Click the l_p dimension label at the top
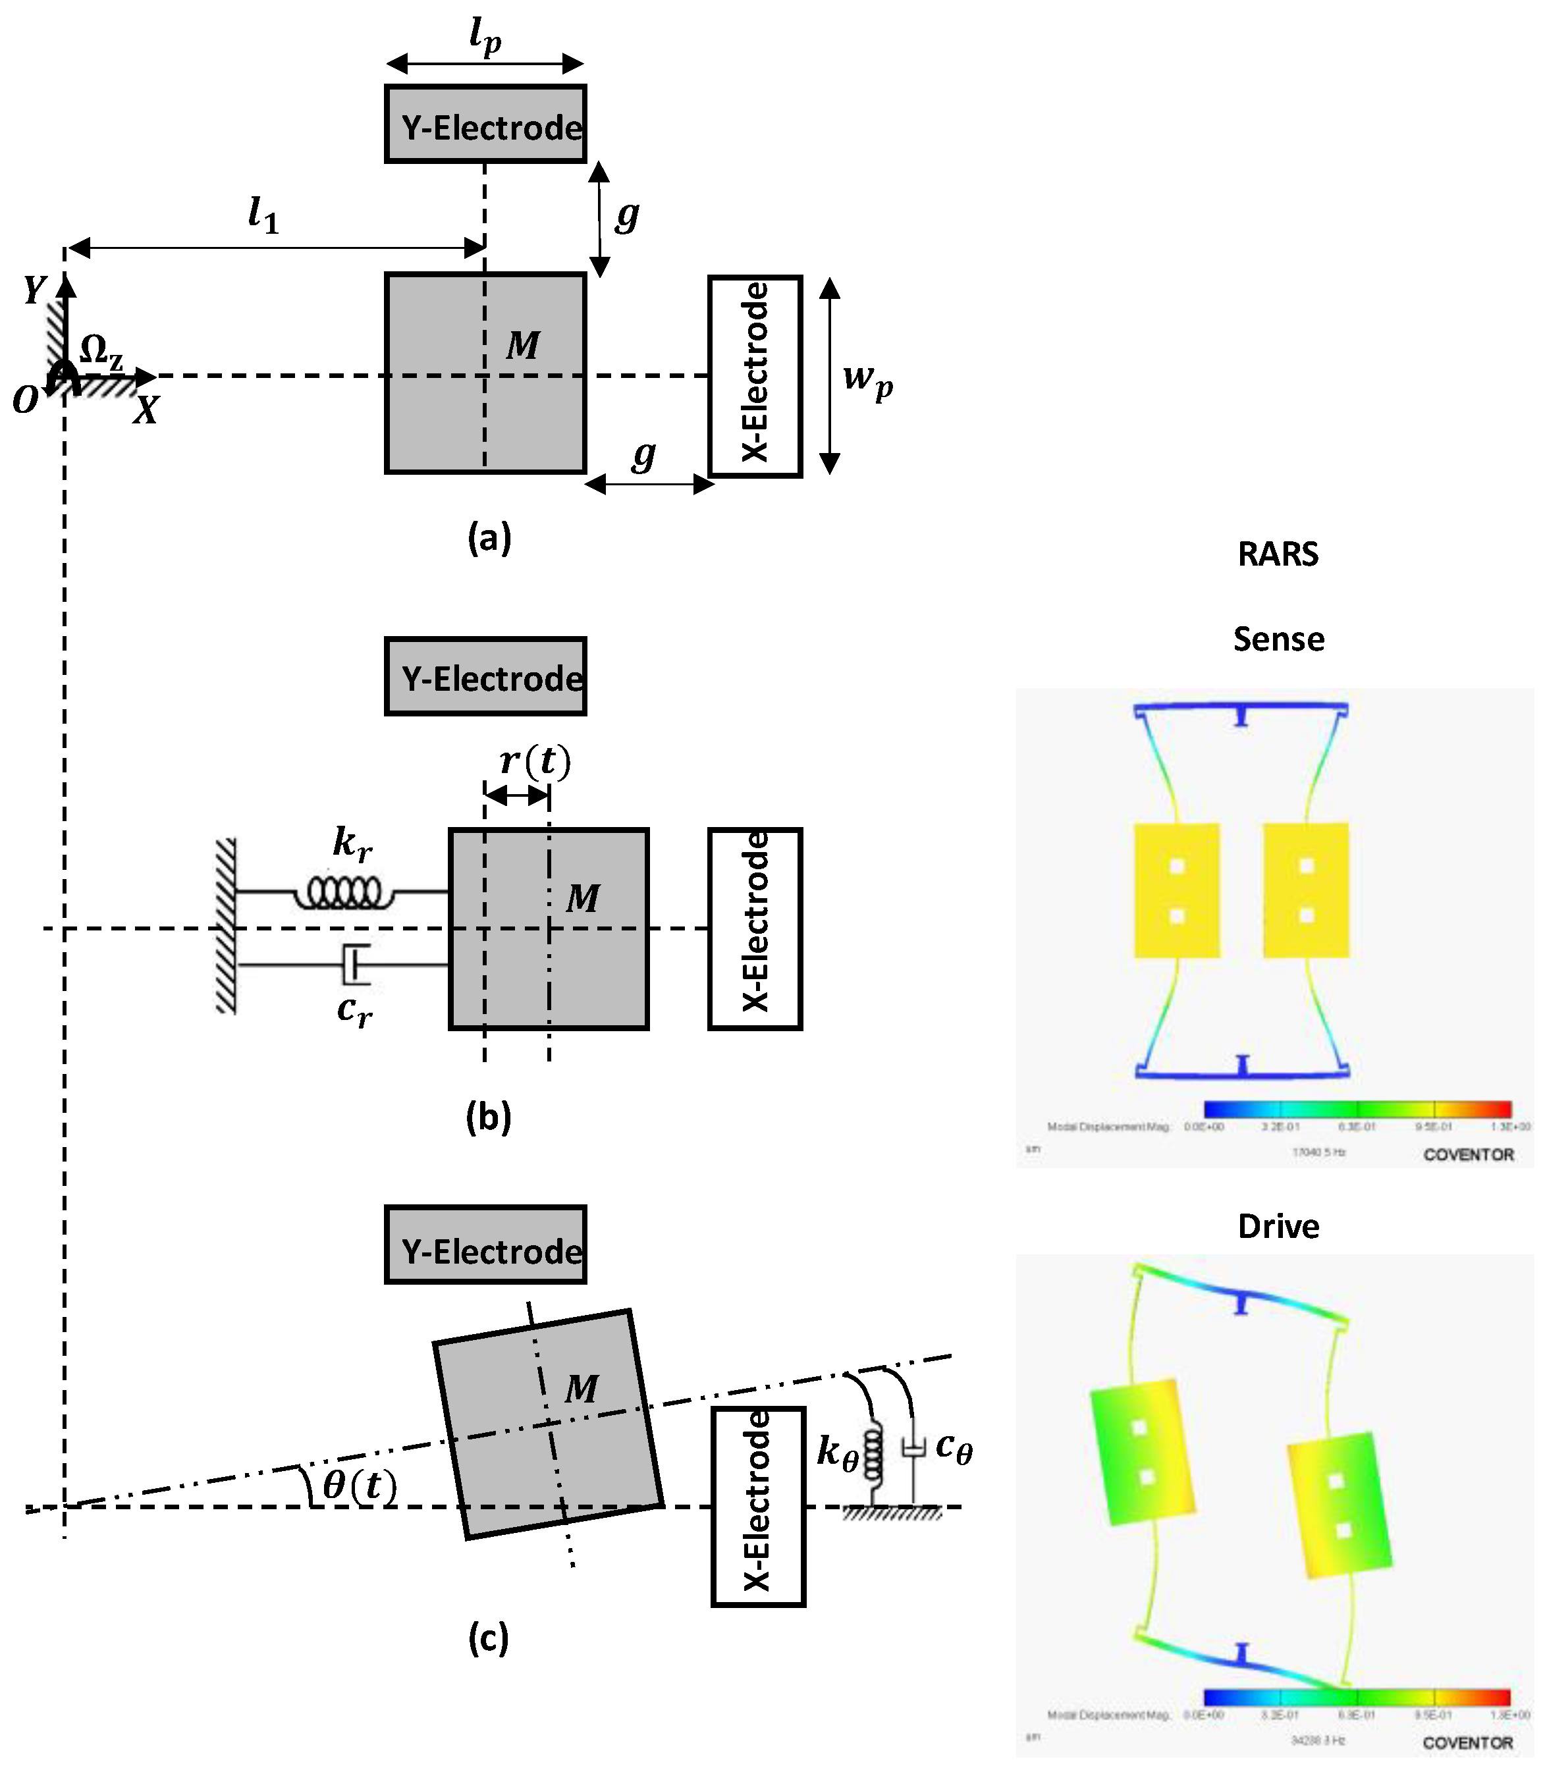485,36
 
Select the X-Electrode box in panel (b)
755,928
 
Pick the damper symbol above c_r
355,965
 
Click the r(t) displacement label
535,761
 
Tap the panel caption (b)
488,1117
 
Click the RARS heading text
1278,554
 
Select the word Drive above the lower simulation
1278,1227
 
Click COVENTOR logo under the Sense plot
1468,1154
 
